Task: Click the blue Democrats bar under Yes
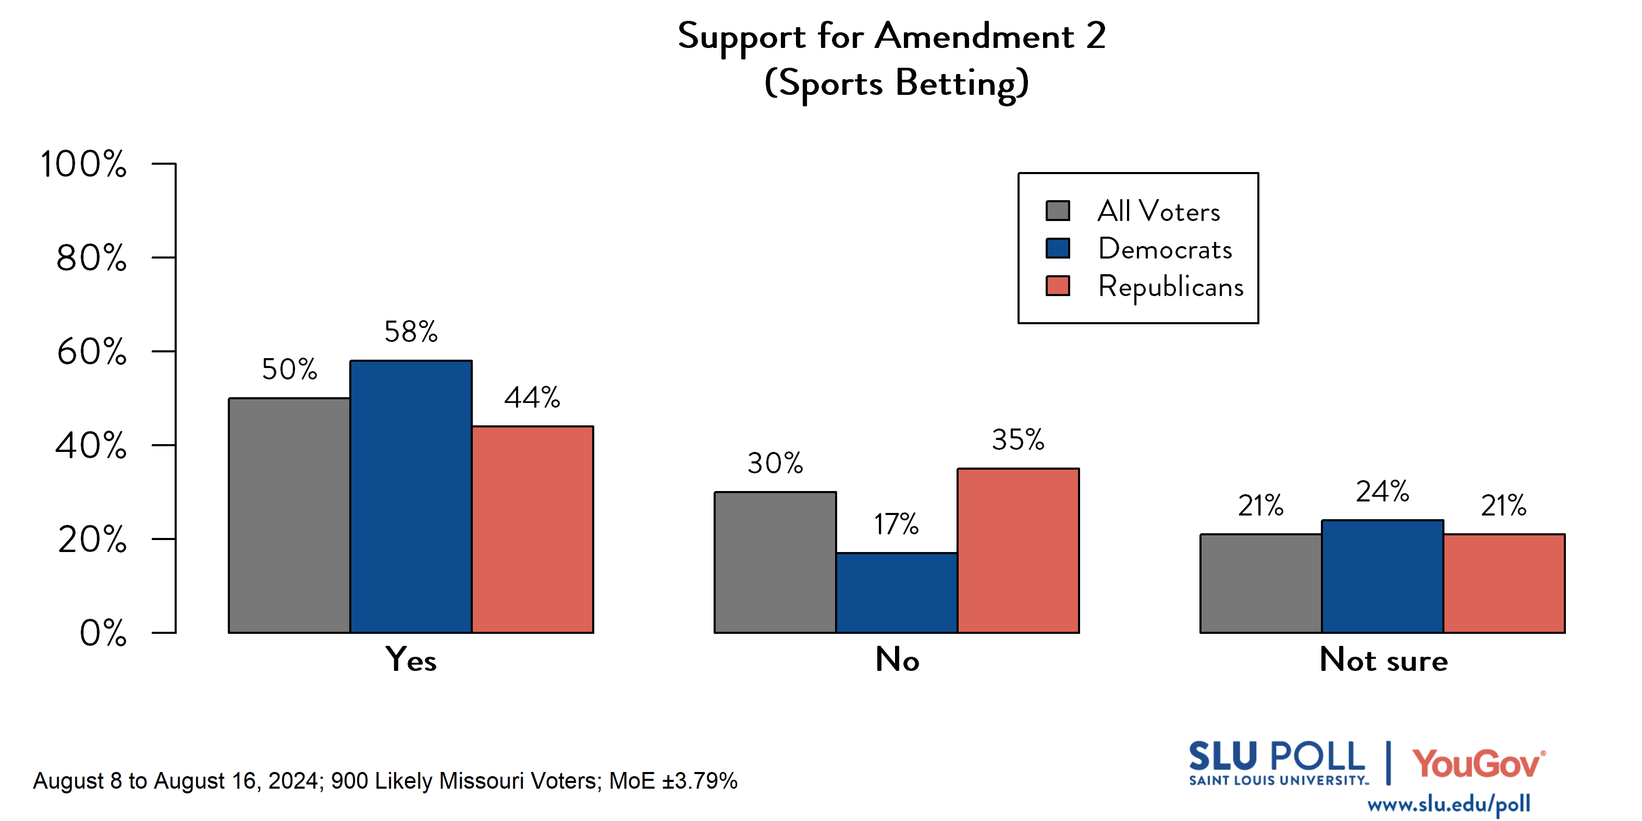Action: tap(411, 497)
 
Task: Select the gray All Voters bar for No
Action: tap(775, 562)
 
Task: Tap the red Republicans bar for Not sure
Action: tap(1504, 583)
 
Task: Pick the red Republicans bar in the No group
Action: tap(1018, 551)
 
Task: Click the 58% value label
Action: tap(411, 332)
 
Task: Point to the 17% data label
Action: tap(896, 524)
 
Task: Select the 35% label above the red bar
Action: tap(1018, 440)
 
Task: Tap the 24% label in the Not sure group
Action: tap(1382, 492)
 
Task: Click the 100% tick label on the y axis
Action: tap(83, 164)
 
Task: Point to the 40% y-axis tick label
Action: tap(91, 446)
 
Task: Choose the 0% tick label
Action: tap(103, 633)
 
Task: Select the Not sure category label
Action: tap(1383, 660)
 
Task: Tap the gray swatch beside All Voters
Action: tap(1058, 211)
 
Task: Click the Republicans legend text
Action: tap(1170, 287)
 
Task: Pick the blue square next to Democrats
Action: tap(1058, 249)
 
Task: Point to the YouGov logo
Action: tap(1478, 764)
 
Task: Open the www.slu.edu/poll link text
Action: tap(1448, 804)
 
